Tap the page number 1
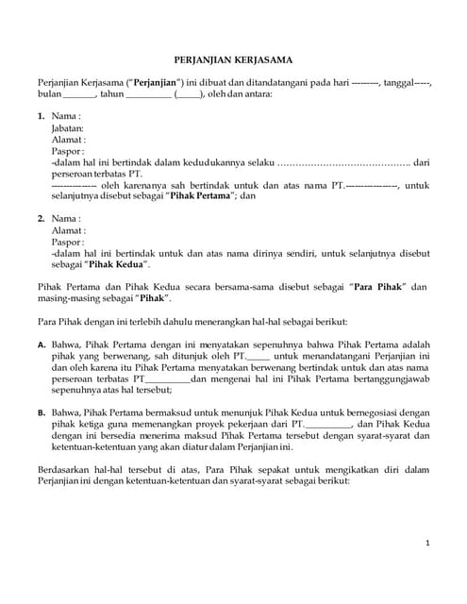(x=427, y=544)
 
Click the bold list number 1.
(x=41, y=115)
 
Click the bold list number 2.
(x=41, y=218)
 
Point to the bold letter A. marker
(x=42, y=344)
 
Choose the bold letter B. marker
(x=42, y=411)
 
